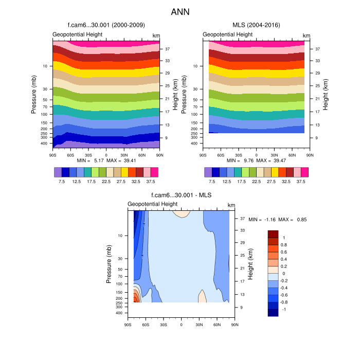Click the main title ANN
point(180,11)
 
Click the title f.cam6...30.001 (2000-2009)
point(106,25)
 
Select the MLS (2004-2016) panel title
point(256,25)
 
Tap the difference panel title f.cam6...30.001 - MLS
point(181,195)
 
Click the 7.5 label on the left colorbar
point(61,182)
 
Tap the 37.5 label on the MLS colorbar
point(301,182)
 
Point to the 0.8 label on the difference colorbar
point(284,245)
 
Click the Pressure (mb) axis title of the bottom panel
point(109,264)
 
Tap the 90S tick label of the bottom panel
point(128,324)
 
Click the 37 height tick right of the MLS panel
point(317,49)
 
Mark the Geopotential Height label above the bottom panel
point(153,204)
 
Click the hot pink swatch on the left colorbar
point(154,172)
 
